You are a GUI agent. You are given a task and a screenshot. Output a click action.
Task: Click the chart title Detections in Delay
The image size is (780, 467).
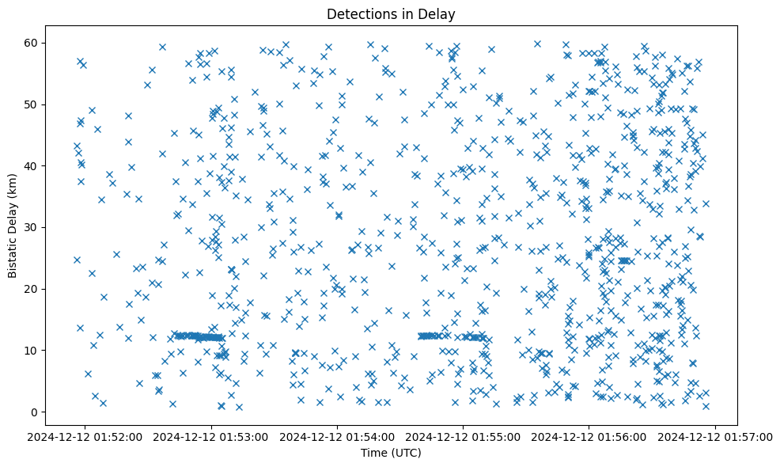[391, 13]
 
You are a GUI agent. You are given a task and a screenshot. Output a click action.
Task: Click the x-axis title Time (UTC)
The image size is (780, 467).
[391, 454]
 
